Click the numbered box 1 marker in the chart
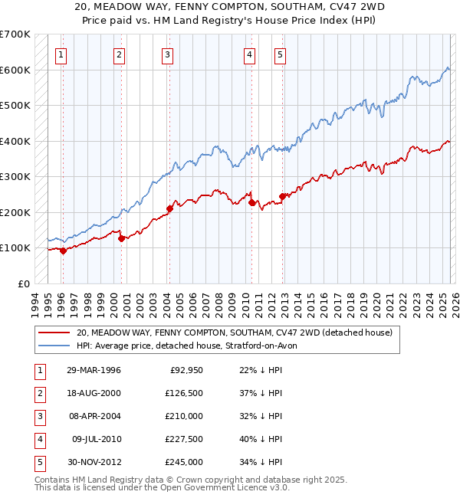click(x=61, y=54)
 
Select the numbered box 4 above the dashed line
click(x=250, y=54)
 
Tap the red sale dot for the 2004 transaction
click(x=169, y=208)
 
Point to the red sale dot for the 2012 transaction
click(x=282, y=196)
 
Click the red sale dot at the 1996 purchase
click(x=63, y=251)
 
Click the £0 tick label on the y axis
click(x=23, y=283)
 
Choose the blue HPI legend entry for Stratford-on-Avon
click(x=192, y=346)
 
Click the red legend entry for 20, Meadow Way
click(x=234, y=333)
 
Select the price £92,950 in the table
click(x=184, y=370)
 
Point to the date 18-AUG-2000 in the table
click(x=94, y=393)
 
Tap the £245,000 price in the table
click(x=184, y=462)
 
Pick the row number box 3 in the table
click(x=39, y=416)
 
